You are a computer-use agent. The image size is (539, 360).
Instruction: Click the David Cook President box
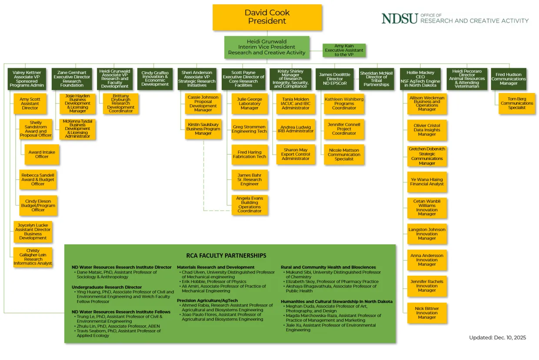pyautogui.click(x=267, y=17)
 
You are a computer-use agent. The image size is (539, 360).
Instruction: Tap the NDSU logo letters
pyautogui.click(x=399, y=18)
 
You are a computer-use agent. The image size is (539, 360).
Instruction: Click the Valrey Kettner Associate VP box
pyautogui.click(x=27, y=79)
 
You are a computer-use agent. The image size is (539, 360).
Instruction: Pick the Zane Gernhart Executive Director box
pyautogui.click(x=72, y=79)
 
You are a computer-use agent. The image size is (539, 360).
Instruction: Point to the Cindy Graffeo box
pyautogui.click(x=155, y=79)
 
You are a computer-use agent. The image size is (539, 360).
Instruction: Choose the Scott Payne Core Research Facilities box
pyautogui.click(x=243, y=79)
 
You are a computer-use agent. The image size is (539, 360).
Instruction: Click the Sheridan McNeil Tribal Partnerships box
pyautogui.click(x=376, y=79)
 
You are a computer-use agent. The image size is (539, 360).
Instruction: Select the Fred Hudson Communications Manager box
pyautogui.click(x=509, y=79)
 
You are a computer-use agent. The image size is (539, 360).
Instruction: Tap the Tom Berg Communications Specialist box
pyautogui.click(x=517, y=103)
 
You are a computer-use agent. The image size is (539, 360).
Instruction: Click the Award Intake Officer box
pyautogui.click(x=42, y=155)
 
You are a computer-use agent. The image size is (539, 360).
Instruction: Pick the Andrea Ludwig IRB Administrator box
pyautogui.click(x=296, y=129)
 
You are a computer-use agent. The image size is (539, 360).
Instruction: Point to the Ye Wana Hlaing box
pyautogui.click(x=427, y=182)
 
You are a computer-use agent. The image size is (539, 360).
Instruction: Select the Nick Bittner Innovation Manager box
pyautogui.click(x=427, y=313)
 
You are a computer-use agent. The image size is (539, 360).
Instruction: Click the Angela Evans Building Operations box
pyautogui.click(x=250, y=204)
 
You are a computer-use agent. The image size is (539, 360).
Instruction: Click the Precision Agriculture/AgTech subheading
pyautogui.click(x=207, y=300)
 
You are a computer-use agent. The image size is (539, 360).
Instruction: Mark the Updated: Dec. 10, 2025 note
pyautogui.click(x=497, y=337)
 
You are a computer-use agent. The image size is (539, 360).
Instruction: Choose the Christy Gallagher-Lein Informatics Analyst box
pyautogui.click(x=33, y=257)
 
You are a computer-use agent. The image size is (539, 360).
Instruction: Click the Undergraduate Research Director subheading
pyautogui.click(x=106, y=287)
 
